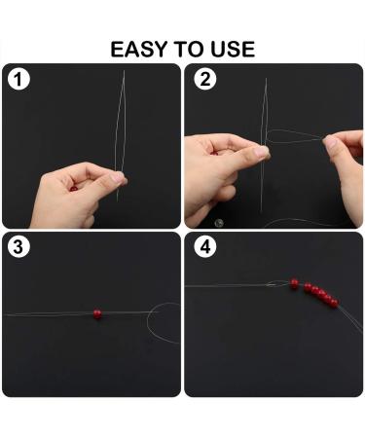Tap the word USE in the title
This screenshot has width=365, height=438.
(233, 50)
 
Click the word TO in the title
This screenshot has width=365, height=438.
(190, 50)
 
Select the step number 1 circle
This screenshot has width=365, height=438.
(18, 80)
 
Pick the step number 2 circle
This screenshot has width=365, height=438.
(205, 79)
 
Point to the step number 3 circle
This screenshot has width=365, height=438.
(18, 246)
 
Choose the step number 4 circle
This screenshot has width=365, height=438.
(205, 247)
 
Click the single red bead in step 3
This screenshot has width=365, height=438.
(97, 313)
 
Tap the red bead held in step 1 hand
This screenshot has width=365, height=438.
(74, 189)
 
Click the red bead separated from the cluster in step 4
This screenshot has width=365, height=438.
(294, 283)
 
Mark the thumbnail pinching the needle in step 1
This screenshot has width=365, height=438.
(118, 177)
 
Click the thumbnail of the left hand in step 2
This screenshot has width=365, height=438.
(261, 152)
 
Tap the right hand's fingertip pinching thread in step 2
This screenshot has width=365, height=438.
(329, 142)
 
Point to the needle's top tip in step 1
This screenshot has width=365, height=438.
(124, 71)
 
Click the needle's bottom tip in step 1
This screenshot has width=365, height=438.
(117, 201)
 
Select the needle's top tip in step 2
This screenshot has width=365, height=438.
(266, 79)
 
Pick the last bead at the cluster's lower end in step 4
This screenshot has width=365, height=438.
(334, 304)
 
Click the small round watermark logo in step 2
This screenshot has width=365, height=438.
(219, 223)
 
